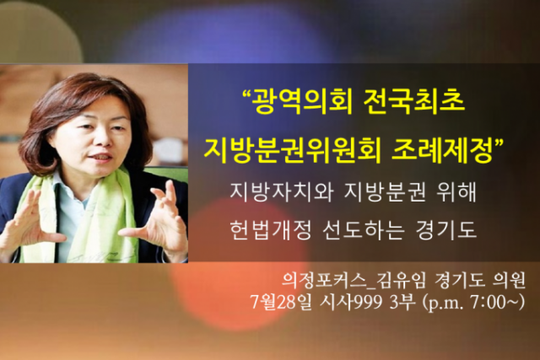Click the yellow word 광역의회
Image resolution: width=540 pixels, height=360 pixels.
[303, 102]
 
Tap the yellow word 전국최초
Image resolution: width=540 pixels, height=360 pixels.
[413, 102]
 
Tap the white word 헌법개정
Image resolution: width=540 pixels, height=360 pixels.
[271, 229]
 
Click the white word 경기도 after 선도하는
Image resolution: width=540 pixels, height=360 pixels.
[446, 229]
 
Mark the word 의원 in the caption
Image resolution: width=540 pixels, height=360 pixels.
[509, 281]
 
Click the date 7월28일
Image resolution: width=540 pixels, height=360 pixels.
[281, 302]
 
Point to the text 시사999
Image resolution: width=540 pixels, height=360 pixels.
[351, 302]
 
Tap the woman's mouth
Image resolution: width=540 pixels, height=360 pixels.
[101, 158]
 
